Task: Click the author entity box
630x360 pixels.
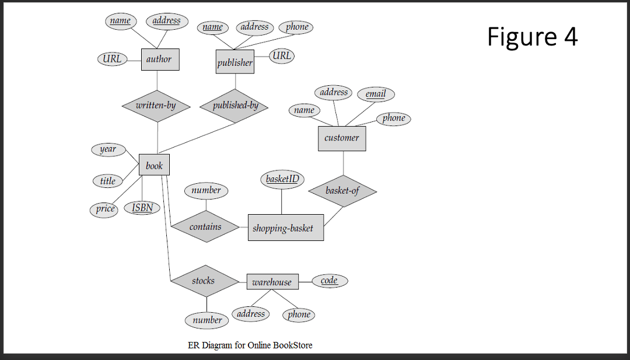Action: point(159,60)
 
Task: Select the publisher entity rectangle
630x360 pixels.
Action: point(235,62)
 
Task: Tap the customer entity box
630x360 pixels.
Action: point(342,138)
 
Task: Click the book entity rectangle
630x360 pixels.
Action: point(154,165)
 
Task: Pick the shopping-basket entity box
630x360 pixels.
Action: point(285,228)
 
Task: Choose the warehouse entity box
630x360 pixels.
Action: point(272,282)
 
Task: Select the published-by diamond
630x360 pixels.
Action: point(235,106)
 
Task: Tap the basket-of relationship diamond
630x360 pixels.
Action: point(342,191)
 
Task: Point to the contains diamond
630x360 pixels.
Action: point(205,227)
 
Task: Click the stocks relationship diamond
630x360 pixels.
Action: point(204,281)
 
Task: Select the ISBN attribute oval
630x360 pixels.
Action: point(142,208)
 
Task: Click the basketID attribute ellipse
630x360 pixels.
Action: point(282,179)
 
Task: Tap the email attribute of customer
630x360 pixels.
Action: point(376,94)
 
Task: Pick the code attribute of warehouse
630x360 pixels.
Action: point(330,281)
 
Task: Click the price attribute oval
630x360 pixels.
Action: point(105,209)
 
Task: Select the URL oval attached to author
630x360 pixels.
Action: point(111,59)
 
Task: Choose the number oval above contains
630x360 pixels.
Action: point(206,190)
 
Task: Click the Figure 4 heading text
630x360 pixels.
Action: point(532,37)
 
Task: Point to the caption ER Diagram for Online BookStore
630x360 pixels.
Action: point(250,345)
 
